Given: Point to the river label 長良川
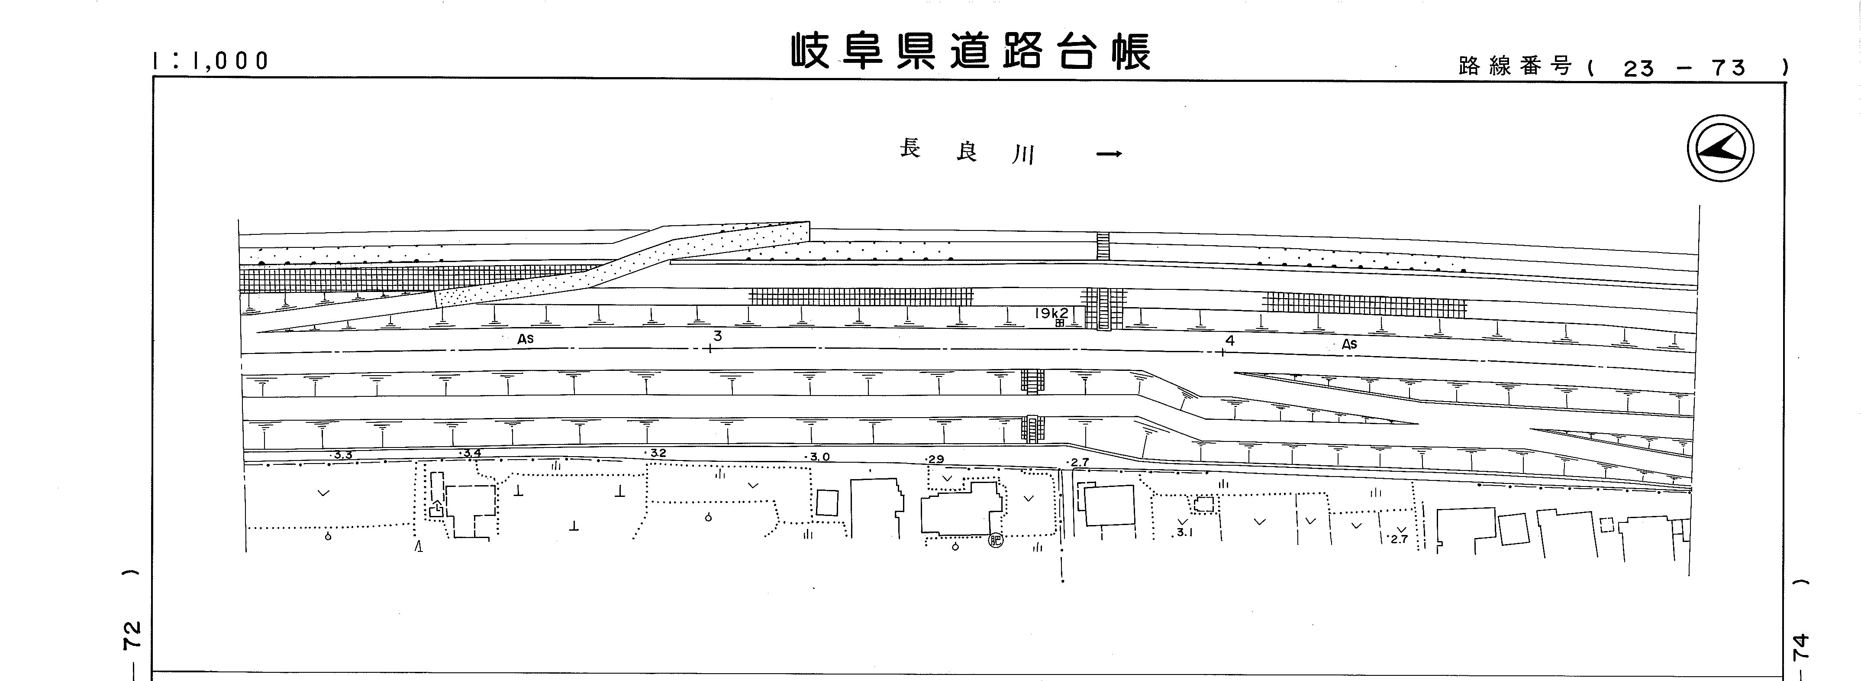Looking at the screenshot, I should (x=968, y=152).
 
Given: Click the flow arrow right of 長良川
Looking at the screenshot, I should (x=1109, y=153).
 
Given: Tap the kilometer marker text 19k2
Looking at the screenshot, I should (x=1051, y=313).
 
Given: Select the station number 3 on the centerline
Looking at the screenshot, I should (x=717, y=336).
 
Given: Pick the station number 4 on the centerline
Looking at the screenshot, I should (x=1229, y=340).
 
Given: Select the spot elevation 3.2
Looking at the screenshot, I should (x=658, y=453).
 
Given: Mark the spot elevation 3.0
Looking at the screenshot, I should (x=819, y=457).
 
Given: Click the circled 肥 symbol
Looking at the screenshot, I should (x=996, y=540).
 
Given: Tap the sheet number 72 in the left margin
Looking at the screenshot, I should (x=132, y=636).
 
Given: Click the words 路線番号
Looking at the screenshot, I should (x=1515, y=67).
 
